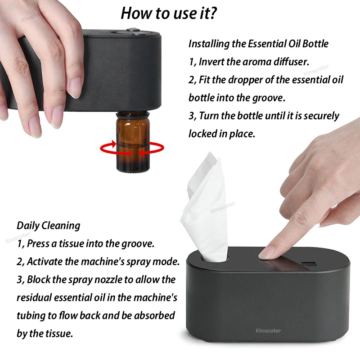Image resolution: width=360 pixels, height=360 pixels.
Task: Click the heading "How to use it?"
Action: coord(169,13)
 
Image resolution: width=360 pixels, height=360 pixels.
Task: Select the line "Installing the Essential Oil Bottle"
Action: coord(258,44)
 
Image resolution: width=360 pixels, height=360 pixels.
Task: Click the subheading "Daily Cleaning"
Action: coord(49,225)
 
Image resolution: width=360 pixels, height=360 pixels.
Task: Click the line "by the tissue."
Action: coord(45,333)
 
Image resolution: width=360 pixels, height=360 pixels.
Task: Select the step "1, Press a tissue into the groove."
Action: coord(85,243)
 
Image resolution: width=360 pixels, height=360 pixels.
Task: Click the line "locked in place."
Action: coord(222,134)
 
